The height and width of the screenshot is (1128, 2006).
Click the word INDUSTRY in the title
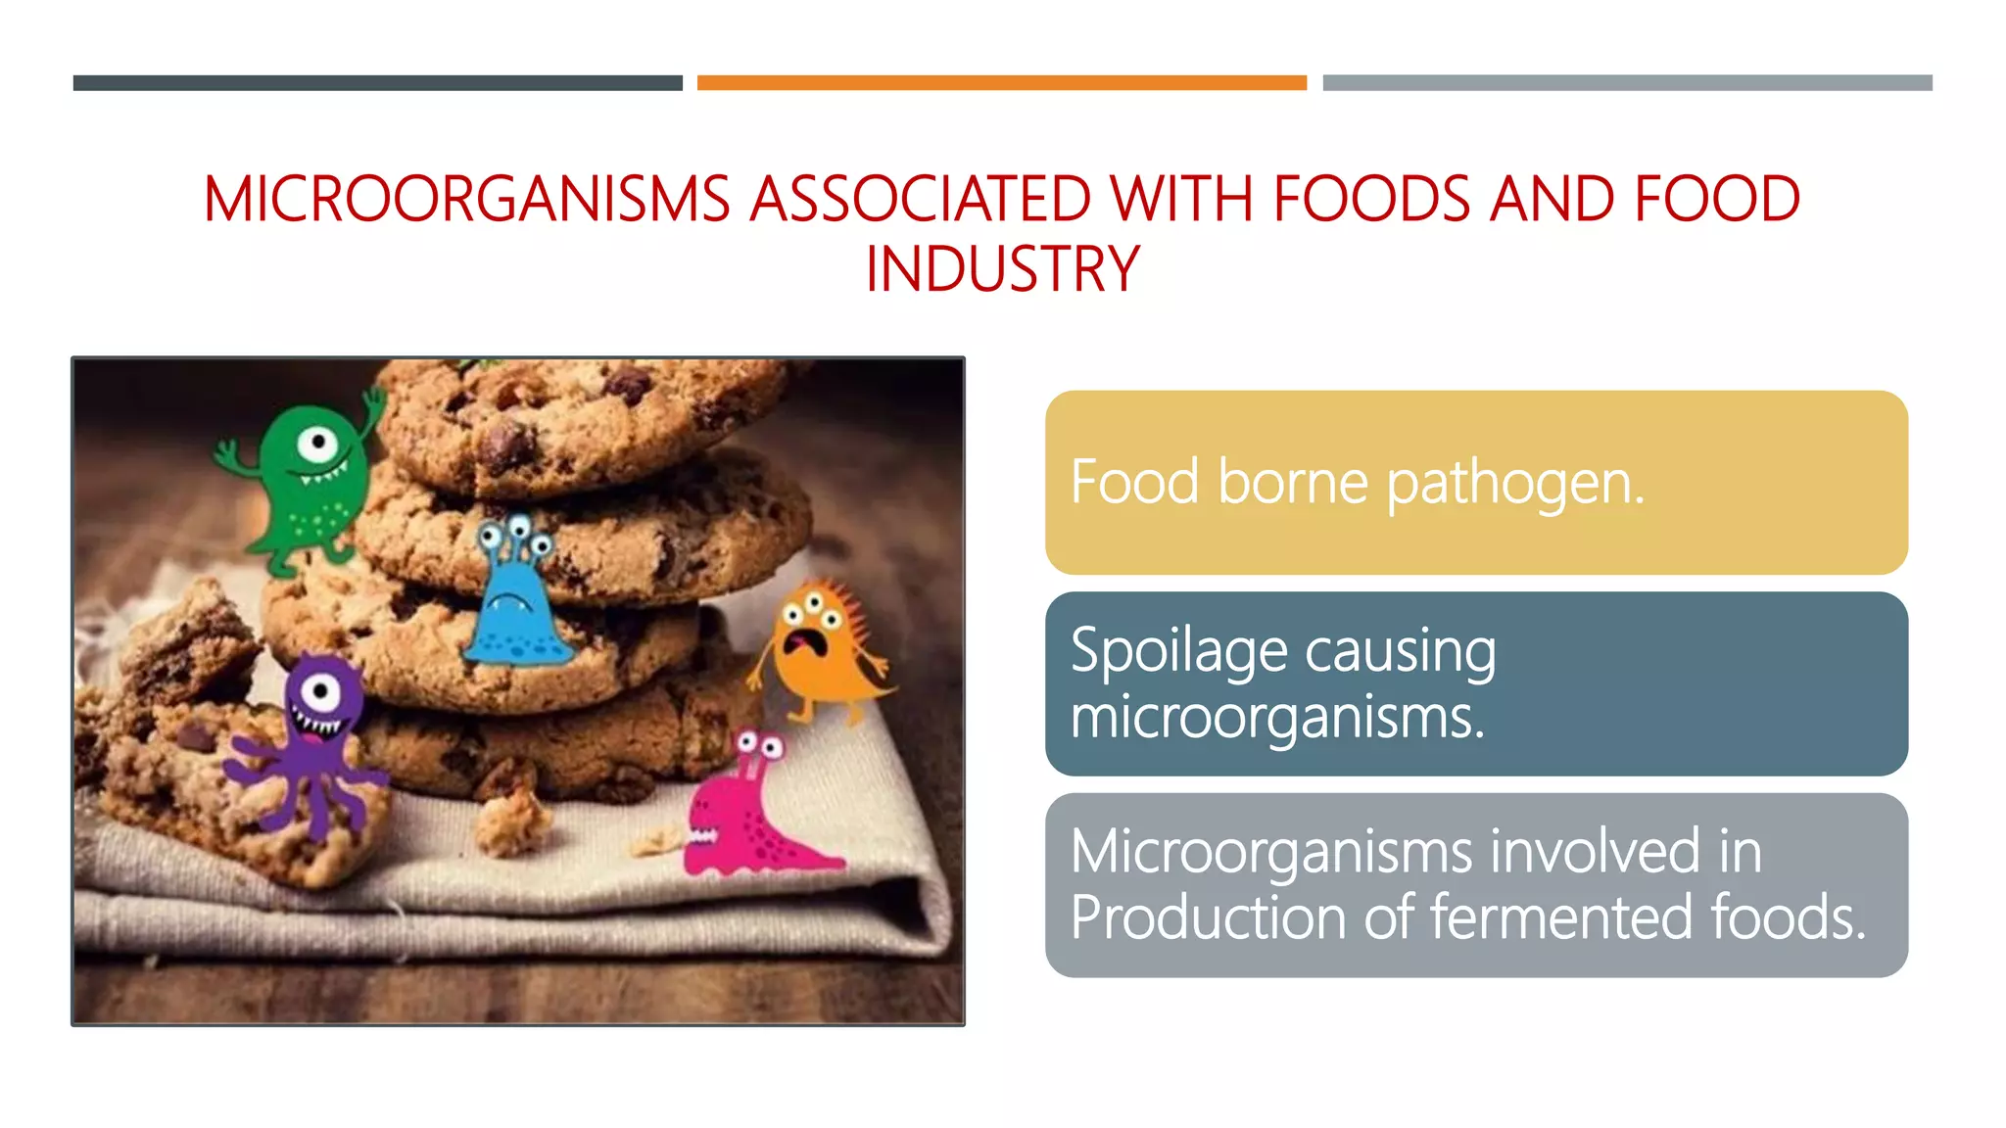click(x=1002, y=269)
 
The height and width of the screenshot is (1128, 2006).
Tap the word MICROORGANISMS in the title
click(x=466, y=199)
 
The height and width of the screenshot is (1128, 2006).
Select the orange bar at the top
click(x=1001, y=83)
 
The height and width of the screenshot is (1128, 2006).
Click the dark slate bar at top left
click(x=377, y=83)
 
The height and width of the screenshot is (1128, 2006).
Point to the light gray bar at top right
click(x=1627, y=83)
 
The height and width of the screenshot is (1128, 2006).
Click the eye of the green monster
click(x=318, y=444)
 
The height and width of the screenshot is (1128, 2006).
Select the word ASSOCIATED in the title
click(x=920, y=199)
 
